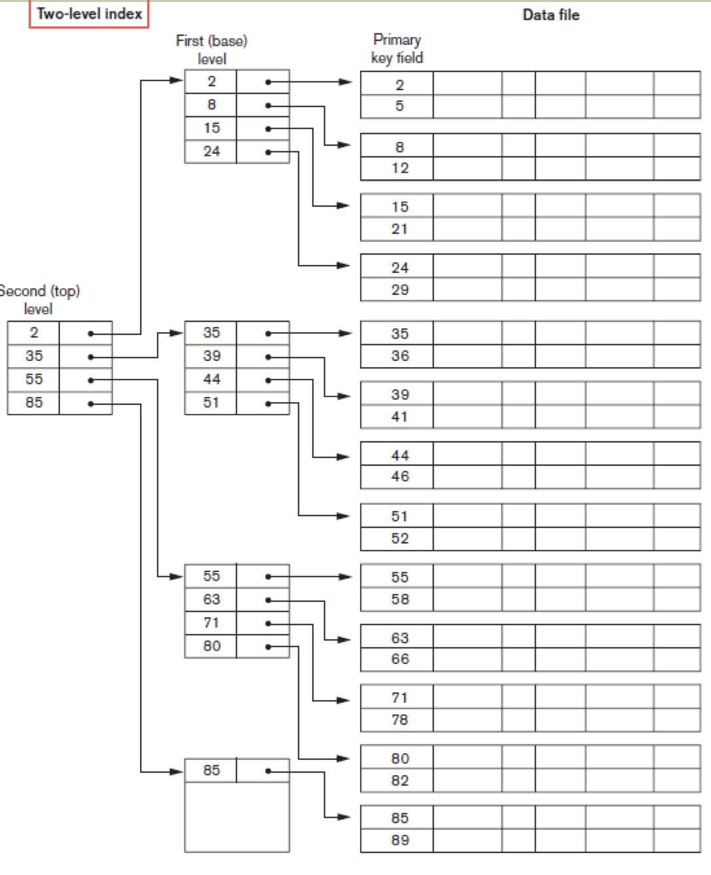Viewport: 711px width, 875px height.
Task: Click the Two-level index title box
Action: click(89, 14)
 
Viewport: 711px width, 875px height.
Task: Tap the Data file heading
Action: click(551, 15)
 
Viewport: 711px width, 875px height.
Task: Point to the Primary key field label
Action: click(397, 49)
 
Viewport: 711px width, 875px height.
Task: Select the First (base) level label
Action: click(212, 50)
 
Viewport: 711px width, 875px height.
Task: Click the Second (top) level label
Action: click(39, 300)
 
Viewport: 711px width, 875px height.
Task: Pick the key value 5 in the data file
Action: click(399, 106)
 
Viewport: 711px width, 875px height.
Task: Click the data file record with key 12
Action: click(400, 168)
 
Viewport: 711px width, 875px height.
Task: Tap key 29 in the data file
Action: click(400, 290)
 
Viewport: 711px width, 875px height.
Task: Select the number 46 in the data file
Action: click(400, 476)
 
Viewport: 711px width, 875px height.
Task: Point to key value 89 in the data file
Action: click(400, 840)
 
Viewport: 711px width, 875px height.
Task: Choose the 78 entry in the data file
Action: click(400, 720)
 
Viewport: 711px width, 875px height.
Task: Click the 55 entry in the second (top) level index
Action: click(34, 380)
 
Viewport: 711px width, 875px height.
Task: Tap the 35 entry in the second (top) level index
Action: click(34, 356)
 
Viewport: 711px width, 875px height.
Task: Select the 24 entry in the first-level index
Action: click(212, 151)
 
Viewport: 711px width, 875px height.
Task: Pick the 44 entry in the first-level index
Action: click(212, 380)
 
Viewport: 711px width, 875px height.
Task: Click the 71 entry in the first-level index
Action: click(212, 623)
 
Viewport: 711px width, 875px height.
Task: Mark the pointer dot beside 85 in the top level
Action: click(91, 404)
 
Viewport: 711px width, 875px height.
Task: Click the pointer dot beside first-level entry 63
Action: click(268, 600)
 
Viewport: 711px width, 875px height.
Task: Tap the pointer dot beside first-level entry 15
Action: click(268, 129)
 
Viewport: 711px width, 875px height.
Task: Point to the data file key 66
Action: click(400, 659)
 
